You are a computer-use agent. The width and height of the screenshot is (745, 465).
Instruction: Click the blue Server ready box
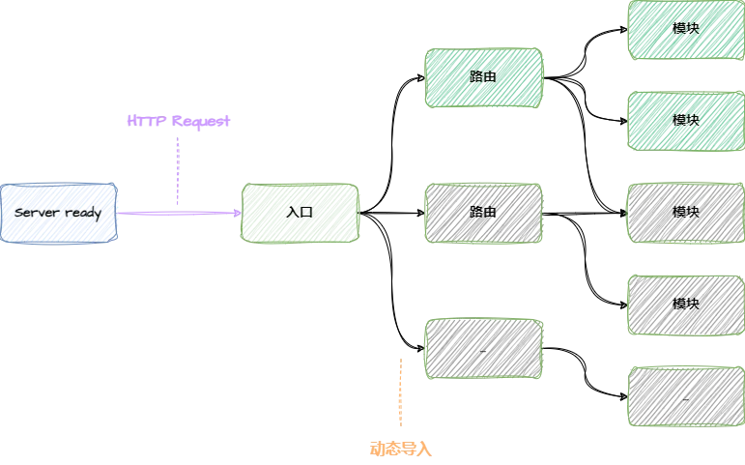click(x=58, y=212)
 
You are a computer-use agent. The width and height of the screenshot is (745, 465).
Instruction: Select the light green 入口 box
click(x=299, y=212)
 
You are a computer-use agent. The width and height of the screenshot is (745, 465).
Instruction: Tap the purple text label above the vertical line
click(x=178, y=122)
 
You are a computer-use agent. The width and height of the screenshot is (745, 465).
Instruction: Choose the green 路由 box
click(x=483, y=76)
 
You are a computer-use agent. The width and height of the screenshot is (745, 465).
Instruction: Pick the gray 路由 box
click(x=483, y=211)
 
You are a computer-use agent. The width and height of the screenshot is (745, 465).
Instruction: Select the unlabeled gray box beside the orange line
click(x=483, y=348)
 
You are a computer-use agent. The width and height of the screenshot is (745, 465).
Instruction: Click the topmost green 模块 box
click(x=685, y=29)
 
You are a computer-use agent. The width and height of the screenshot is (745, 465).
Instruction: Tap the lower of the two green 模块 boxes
click(x=685, y=120)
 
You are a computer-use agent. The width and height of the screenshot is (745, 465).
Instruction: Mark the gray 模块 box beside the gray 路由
click(x=685, y=212)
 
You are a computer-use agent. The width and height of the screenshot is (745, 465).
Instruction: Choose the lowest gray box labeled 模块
click(x=685, y=304)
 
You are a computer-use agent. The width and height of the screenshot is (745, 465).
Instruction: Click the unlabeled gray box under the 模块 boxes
click(x=685, y=395)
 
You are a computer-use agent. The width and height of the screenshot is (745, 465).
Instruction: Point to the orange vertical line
click(x=398, y=394)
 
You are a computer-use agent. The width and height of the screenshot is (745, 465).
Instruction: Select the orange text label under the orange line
click(x=398, y=449)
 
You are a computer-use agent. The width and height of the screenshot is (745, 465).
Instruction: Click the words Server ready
click(x=58, y=212)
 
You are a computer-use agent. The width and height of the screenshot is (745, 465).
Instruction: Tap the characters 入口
click(x=300, y=212)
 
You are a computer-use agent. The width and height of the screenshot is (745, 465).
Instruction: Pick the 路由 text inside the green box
click(x=483, y=76)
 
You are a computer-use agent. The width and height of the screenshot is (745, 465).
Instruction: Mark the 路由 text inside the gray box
click(x=483, y=211)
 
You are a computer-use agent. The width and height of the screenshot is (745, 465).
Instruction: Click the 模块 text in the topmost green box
click(x=685, y=29)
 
